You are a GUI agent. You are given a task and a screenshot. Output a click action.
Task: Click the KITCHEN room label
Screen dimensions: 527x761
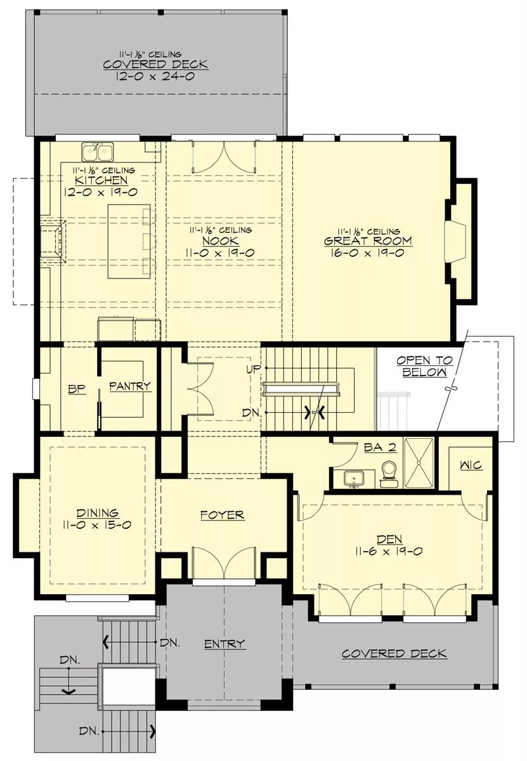(101, 180)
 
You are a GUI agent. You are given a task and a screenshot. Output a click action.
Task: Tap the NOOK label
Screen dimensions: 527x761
(221, 241)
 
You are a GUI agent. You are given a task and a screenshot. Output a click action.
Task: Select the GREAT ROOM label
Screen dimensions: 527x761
(368, 241)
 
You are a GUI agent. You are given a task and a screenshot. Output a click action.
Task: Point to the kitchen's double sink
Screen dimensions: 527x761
(98, 152)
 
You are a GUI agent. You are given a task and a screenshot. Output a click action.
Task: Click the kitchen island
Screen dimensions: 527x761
(129, 241)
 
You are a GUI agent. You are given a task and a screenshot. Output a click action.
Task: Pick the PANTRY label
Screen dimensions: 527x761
(130, 386)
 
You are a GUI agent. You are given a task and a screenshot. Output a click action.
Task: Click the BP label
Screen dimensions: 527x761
(77, 389)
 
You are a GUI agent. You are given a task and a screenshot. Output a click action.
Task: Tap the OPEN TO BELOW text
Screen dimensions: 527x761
(424, 367)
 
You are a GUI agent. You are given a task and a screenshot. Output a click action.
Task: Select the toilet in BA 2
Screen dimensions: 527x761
(388, 474)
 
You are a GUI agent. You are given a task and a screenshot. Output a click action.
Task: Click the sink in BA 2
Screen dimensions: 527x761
(354, 479)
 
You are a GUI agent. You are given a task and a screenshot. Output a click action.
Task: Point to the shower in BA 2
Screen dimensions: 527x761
(419, 463)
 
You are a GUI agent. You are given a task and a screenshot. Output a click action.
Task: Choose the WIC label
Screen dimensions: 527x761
(471, 465)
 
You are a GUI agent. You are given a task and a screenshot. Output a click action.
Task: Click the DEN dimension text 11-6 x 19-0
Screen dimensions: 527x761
(389, 551)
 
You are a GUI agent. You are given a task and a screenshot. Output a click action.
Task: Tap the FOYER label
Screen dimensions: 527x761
(222, 515)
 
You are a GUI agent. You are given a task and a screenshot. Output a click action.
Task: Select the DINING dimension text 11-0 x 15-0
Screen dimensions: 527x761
(97, 525)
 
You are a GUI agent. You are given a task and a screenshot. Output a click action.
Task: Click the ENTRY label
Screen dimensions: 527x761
(224, 644)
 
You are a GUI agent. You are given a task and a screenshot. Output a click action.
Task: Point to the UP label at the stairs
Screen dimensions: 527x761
(254, 369)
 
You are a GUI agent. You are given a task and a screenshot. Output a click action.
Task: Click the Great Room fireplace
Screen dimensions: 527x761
(455, 242)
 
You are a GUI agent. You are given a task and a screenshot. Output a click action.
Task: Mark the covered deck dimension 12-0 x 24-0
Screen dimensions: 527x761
(155, 76)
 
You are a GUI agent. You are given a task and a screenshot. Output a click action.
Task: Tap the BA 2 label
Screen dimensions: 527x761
(381, 448)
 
